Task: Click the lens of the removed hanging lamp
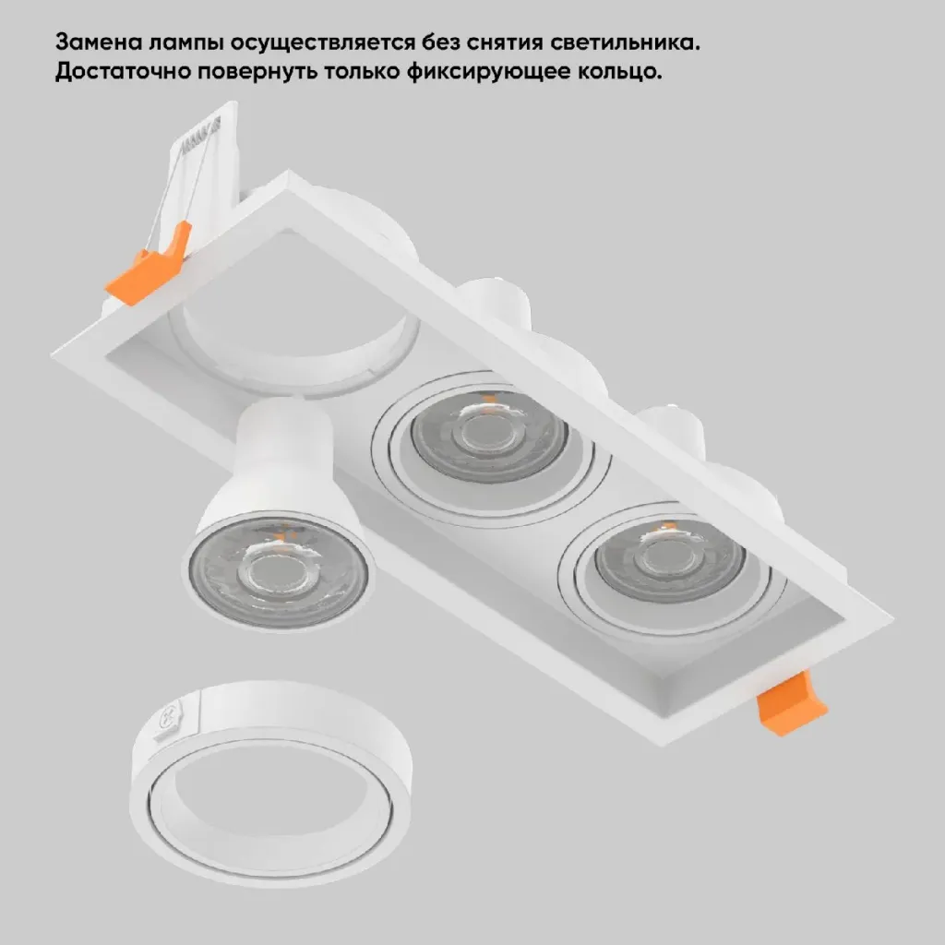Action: point(278,571)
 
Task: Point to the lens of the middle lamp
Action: point(489,436)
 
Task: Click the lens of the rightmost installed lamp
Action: point(670,560)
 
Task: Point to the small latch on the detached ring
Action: point(174,718)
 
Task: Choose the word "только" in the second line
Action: point(362,72)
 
